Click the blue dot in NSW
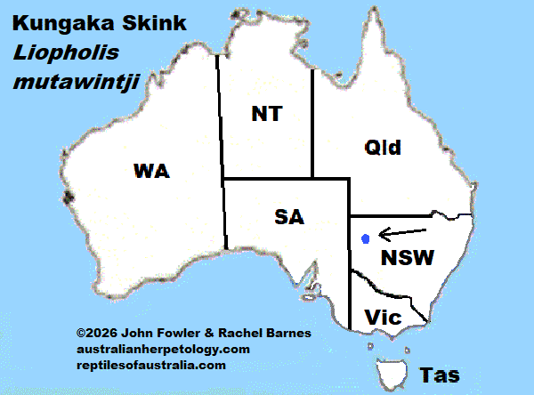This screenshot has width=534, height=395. tap(366, 238)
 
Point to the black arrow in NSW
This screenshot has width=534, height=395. tap(401, 234)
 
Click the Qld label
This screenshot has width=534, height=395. tap(383, 148)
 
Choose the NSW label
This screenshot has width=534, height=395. tap(407, 258)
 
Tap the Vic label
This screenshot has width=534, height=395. tap(384, 317)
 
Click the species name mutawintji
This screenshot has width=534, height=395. tap(63, 85)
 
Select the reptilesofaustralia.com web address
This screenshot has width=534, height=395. tap(150, 365)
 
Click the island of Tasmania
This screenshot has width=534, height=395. tap(392, 368)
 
